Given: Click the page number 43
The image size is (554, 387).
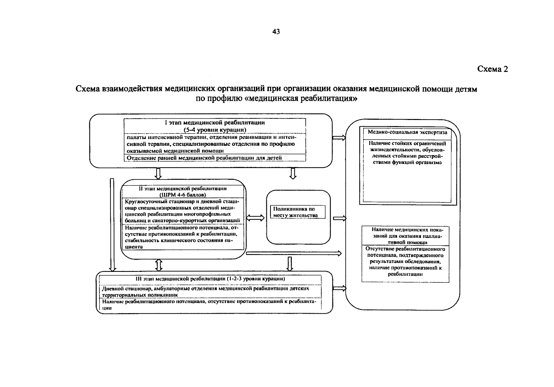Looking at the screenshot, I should (x=276, y=32).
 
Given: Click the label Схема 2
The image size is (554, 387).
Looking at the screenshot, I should (x=492, y=69).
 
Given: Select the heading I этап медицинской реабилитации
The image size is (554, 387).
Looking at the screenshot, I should (x=215, y=123).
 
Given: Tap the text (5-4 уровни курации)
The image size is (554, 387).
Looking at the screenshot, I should (x=215, y=130).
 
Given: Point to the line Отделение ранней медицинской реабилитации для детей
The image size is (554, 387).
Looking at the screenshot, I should (x=204, y=158).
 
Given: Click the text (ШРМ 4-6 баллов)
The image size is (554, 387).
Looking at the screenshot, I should (x=182, y=195).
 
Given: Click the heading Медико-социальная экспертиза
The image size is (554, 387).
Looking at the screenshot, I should (x=407, y=132).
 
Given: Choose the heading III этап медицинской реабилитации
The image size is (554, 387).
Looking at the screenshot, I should (x=209, y=279).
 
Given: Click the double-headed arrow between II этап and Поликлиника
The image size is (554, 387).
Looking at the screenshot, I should (x=255, y=218).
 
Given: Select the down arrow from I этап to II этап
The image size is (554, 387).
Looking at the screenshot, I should (x=158, y=173).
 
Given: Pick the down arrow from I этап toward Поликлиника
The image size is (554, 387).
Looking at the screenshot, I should (x=293, y=173).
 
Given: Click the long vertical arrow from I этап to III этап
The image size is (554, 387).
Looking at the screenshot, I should (x=112, y=224).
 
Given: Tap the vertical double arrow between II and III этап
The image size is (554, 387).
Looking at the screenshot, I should (x=159, y=265).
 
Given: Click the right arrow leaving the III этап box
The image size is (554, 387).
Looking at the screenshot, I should (x=339, y=289).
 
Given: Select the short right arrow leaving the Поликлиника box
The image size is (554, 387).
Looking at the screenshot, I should (x=339, y=219).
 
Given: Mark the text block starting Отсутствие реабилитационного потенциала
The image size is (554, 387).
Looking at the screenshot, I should (x=405, y=261).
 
